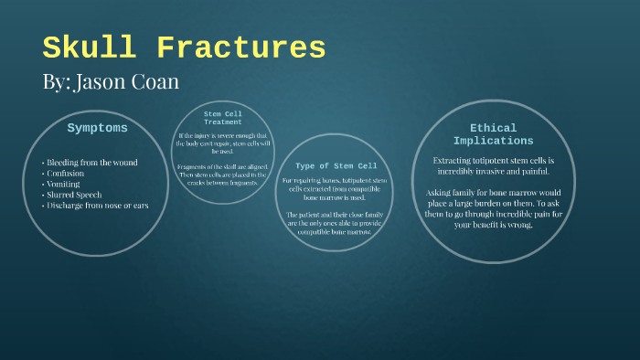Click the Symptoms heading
[x=97, y=128]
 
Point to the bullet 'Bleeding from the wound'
[x=91, y=163]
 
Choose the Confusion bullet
[x=65, y=173]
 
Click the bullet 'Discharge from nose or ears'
[x=96, y=206]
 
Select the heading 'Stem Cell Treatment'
[x=223, y=117]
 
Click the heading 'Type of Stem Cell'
[x=336, y=165]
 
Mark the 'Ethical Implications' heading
[x=494, y=134]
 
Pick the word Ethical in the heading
[x=493, y=128]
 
